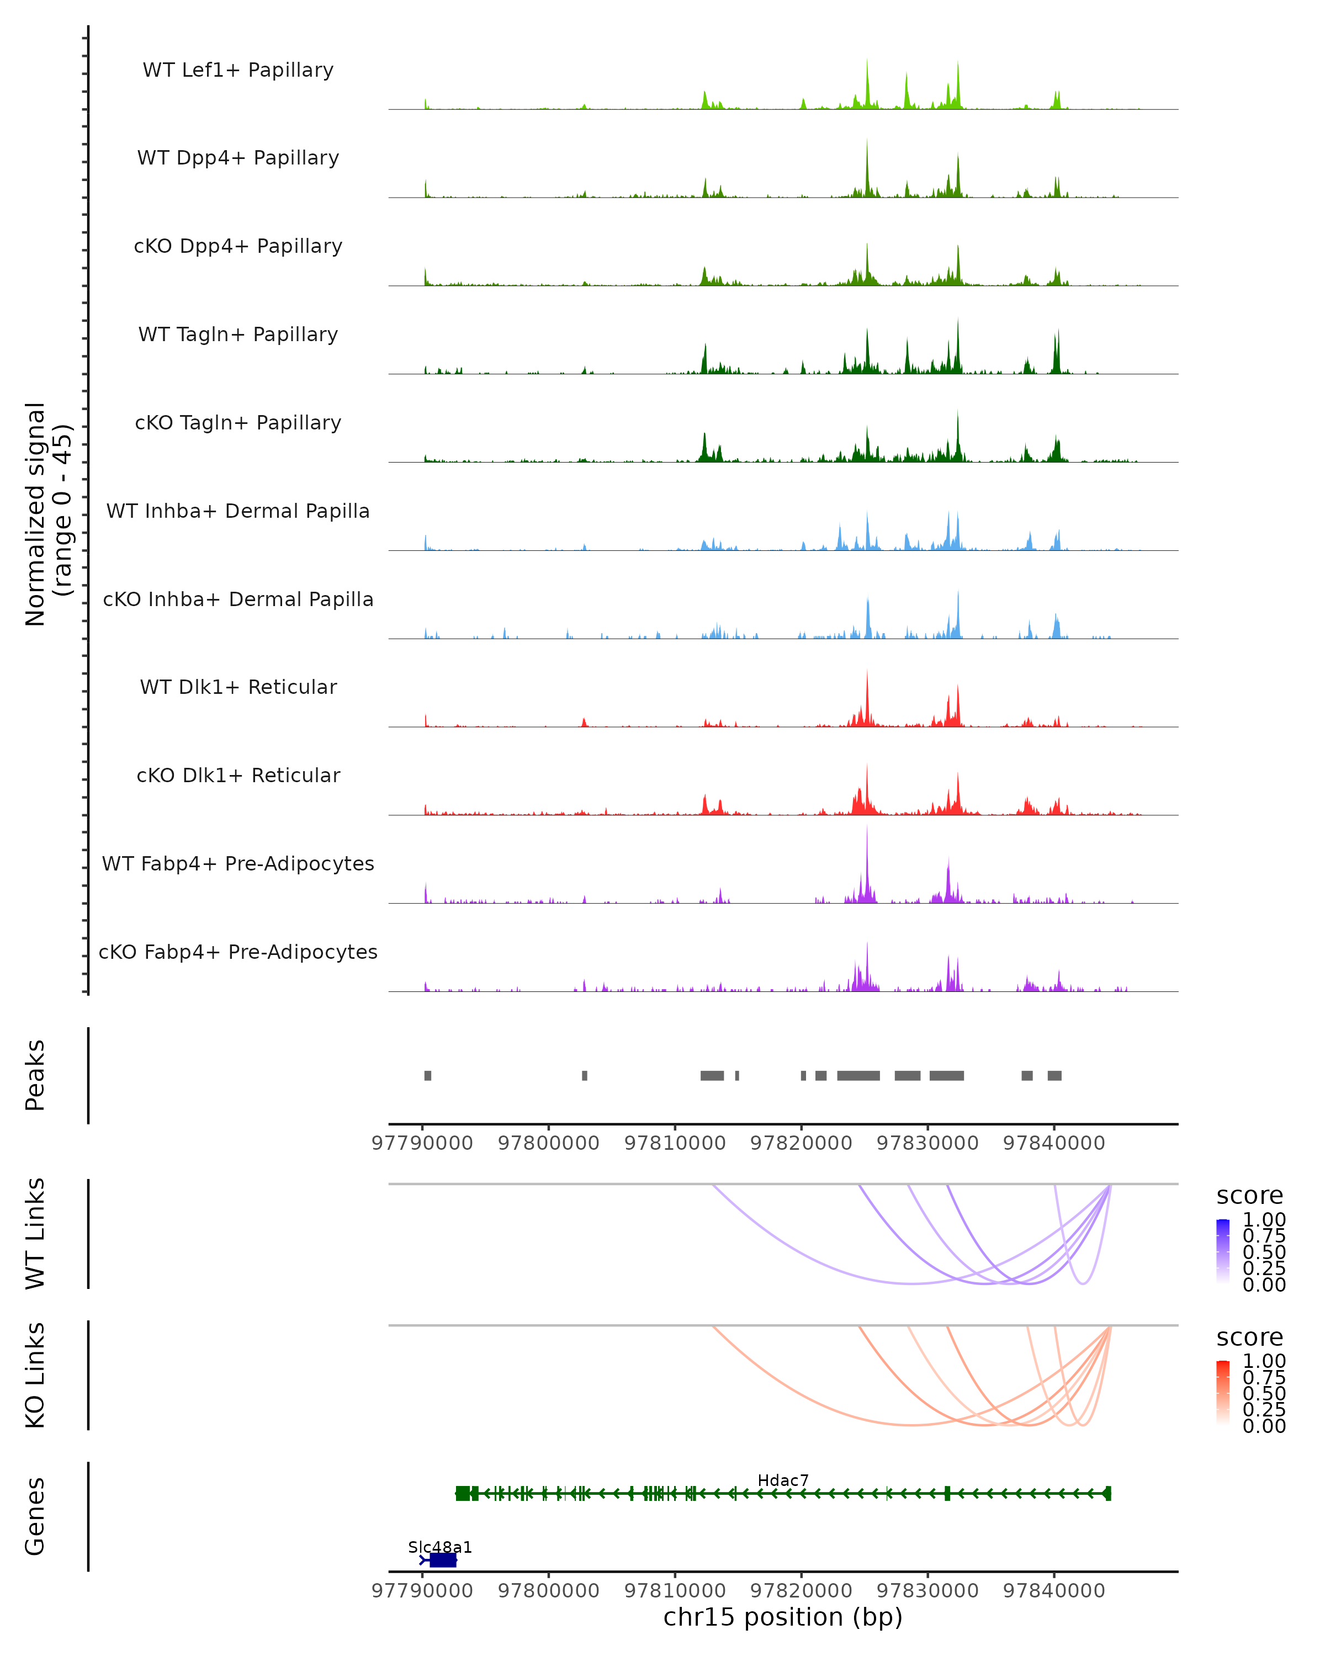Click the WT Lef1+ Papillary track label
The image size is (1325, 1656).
pyautogui.click(x=238, y=70)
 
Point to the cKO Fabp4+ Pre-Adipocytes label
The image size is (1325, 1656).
pyautogui.click(x=238, y=952)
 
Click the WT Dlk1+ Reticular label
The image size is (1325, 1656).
pyautogui.click(x=238, y=687)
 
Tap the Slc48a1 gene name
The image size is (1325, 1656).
pyautogui.click(x=439, y=1547)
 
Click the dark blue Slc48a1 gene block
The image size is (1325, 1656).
pyautogui.click(x=442, y=1560)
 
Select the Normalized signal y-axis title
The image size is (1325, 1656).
pyautogui.click(x=47, y=514)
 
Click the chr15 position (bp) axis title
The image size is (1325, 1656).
pyautogui.click(x=783, y=1617)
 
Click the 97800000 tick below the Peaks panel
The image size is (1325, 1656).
pyautogui.click(x=548, y=1143)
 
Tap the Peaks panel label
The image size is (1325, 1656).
pyautogui.click(x=35, y=1075)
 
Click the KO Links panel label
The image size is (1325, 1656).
pyautogui.click(x=35, y=1375)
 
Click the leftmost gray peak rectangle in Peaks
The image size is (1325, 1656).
pyautogui.click(x=428, y=1075)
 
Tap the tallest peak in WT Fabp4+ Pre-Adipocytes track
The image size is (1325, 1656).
pyautogui.click(x=867, y=830)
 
